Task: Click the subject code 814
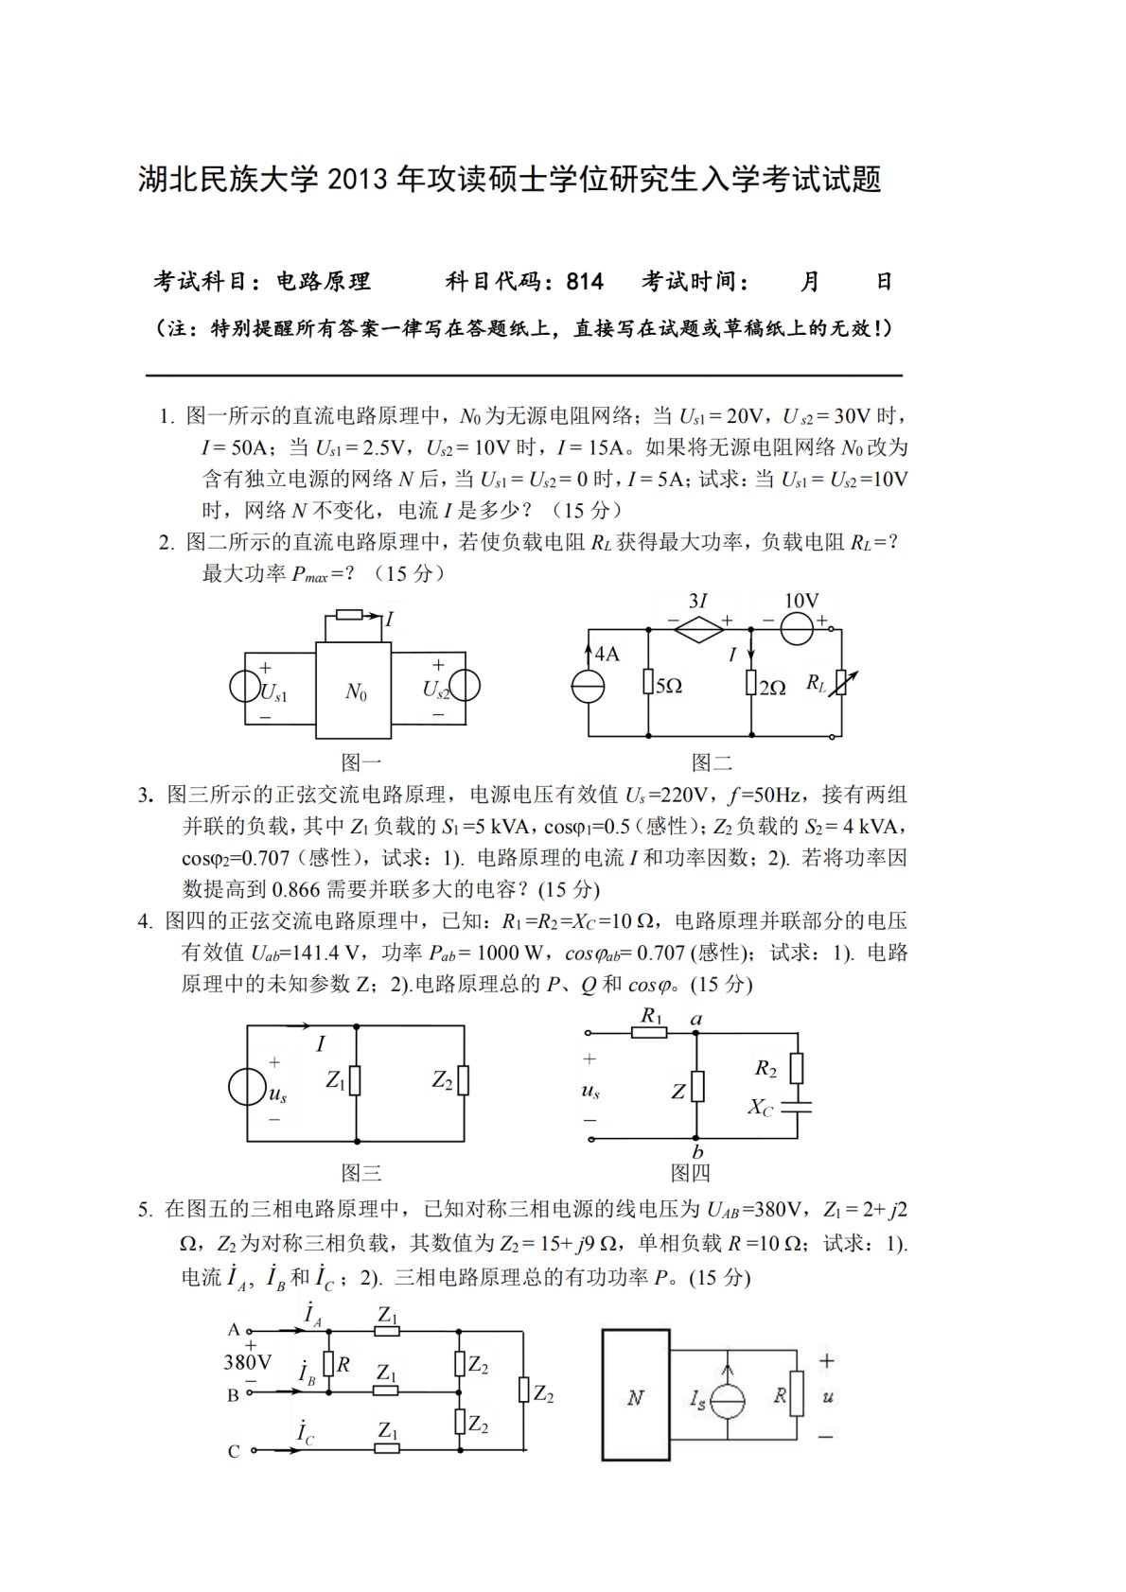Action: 585,281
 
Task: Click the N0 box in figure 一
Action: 354,691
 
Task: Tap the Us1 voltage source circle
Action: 245,685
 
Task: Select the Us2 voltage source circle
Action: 464,685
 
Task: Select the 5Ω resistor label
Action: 668,686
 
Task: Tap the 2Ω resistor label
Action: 771,688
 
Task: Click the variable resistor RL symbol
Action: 841,682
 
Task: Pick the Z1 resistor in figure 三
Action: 356,1080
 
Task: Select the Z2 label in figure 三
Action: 442,1079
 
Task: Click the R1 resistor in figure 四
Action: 650,1033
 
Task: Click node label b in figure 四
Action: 697,1151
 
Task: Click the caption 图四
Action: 690,1173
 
